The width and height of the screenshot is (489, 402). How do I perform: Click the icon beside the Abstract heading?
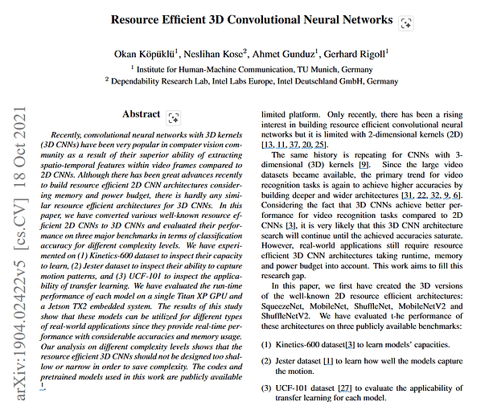pos(174,117)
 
